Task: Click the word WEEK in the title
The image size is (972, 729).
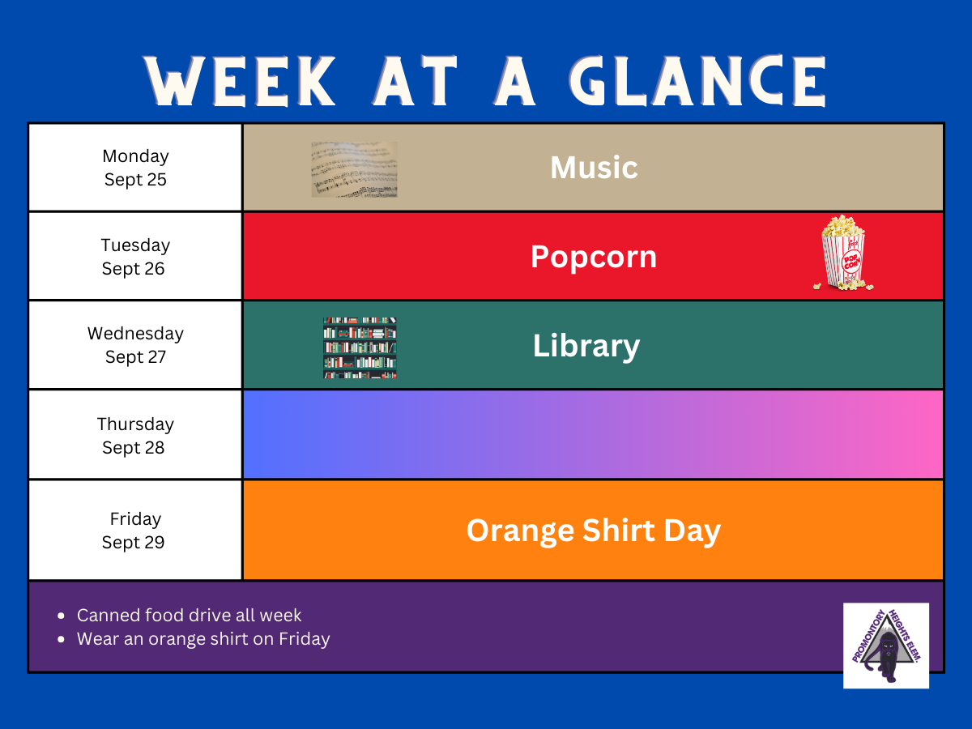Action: point(241,81)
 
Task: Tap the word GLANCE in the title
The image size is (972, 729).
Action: point(698,81)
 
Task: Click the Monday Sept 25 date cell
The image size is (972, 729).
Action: point(135,168)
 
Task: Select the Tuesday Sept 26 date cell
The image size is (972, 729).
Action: point(135,256)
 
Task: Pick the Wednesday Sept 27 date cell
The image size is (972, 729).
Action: point(135,345)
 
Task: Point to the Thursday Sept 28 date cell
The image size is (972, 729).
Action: point(135,435)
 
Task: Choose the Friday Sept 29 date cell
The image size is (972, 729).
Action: point(135,530)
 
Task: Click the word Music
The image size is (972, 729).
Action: point(594,168)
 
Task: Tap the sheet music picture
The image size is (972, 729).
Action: point(354,169)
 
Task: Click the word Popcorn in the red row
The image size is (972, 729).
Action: point(594,257)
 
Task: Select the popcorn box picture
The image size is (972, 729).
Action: point(843,253)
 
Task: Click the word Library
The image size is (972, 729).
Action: point(586,346)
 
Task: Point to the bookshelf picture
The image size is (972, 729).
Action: point(360,348)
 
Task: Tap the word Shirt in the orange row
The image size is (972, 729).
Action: point(619,530)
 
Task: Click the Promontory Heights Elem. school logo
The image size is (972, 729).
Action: point(886,646)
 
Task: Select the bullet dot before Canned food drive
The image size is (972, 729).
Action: point(61,616)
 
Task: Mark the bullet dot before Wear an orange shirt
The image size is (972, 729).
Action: point(61,639)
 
